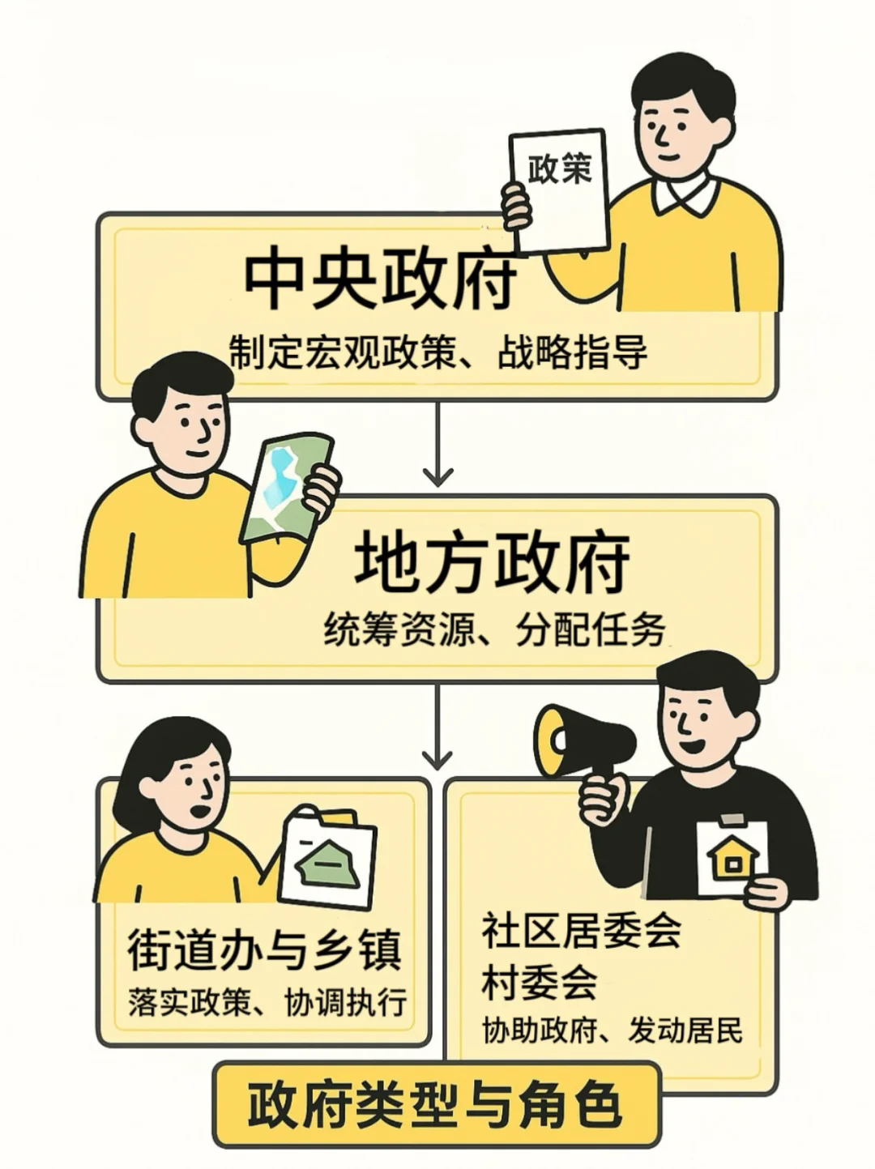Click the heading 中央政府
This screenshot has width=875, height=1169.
pos(380,279)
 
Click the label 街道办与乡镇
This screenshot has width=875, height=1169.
pos(264,949)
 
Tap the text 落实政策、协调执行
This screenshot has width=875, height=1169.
pos(267,1002)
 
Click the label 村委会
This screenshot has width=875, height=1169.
pos(539,982)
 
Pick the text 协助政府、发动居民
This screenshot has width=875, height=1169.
pos(612,1030)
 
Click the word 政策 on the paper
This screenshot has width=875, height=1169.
pos(560,169)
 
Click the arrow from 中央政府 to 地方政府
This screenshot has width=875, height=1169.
pos(437,444)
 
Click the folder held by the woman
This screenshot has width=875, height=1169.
pos(329,855)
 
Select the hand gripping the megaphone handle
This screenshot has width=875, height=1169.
pos(604,797)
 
